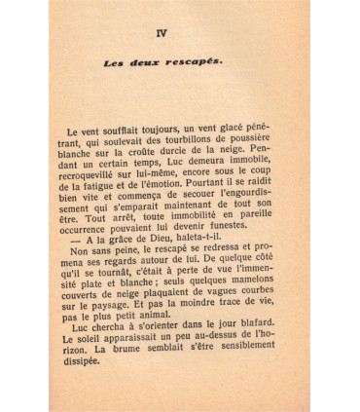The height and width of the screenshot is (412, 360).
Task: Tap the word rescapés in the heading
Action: tap(196, 63)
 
